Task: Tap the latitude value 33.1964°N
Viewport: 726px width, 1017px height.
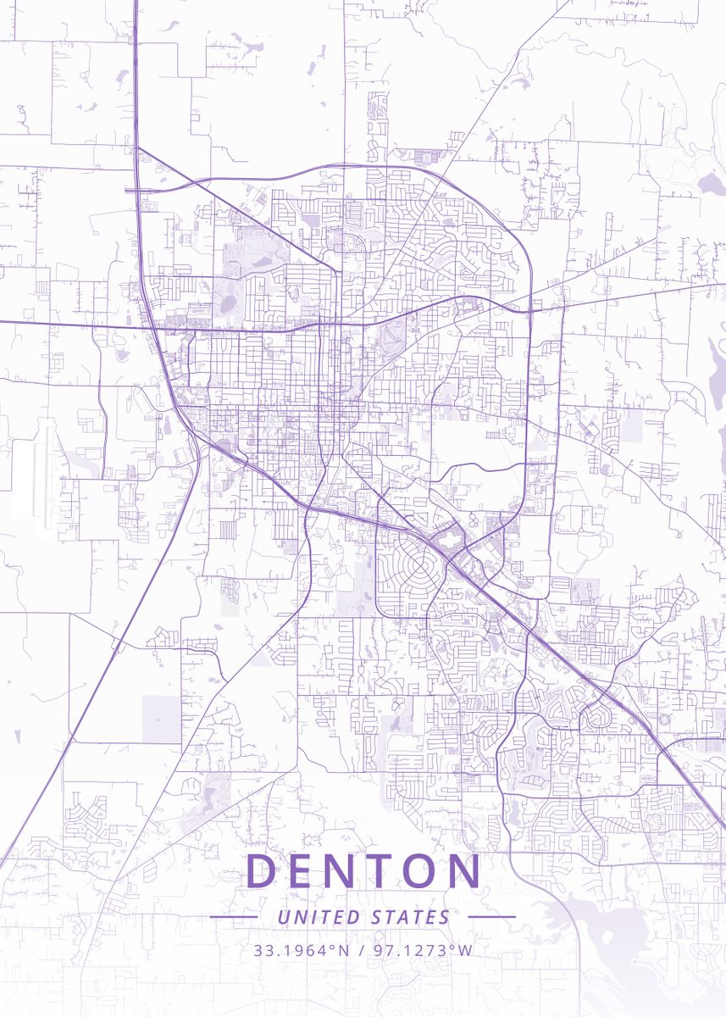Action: pyautogui.click(x=302, y=950)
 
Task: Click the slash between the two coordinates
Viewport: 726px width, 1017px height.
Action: pyautogui.click(x=362, y=950)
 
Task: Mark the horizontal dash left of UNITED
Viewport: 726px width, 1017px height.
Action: pyautogui.click(x=233, y=917)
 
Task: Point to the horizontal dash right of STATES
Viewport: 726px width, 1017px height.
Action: pyautogui.click(x=491, y=917)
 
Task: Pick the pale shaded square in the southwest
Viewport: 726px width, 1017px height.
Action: pyautogui.click(x=161, y=719)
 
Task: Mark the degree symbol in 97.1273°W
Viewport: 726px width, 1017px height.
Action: pyautogui.click(x=455, y=946)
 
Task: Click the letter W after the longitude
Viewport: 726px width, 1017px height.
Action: pyautogui.click(x=465, y=950)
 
